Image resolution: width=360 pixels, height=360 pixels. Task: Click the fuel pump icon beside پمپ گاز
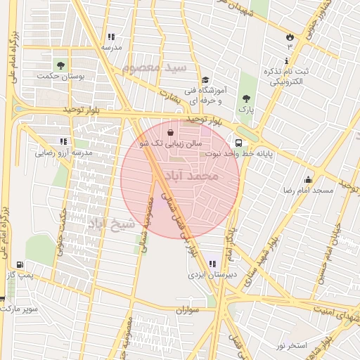[20, 265]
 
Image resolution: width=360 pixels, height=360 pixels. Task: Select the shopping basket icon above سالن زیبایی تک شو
[171, 131]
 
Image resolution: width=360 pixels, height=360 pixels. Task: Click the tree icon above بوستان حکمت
[60, 65]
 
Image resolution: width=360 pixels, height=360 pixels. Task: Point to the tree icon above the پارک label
[245, 99]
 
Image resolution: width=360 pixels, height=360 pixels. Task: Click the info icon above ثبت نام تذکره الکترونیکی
[288, 61]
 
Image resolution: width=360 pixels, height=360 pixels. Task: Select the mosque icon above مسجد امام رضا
[307, 179]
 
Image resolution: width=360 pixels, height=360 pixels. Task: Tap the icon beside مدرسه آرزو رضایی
[64, 141]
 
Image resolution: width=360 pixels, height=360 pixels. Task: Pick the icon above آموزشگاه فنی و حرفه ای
[205, 80]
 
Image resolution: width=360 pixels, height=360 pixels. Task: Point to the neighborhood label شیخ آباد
[110, 224]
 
